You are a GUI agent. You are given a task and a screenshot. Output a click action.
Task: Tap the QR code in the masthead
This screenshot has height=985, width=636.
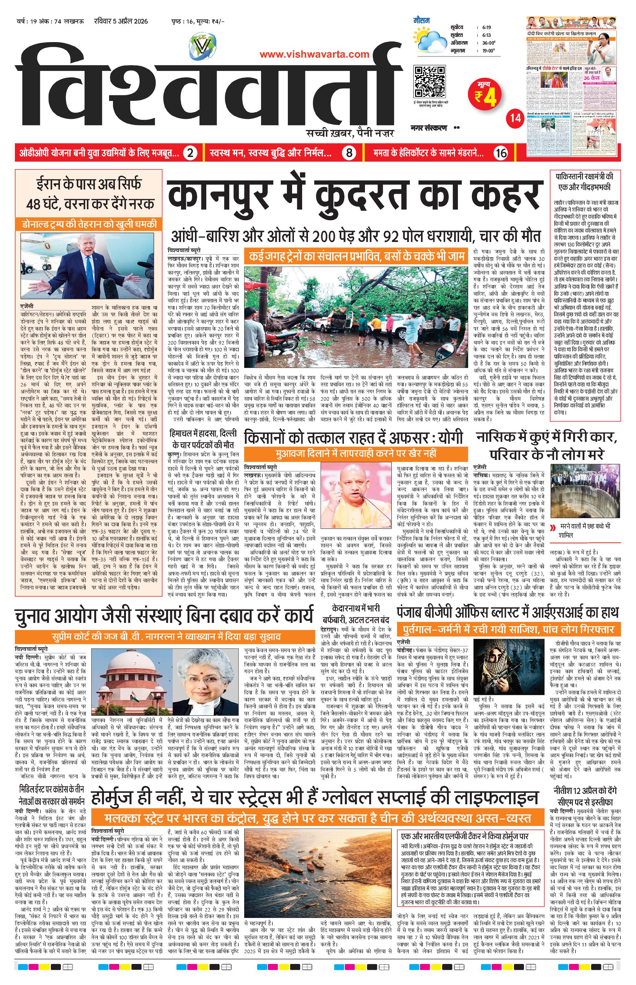click(429, 81)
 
